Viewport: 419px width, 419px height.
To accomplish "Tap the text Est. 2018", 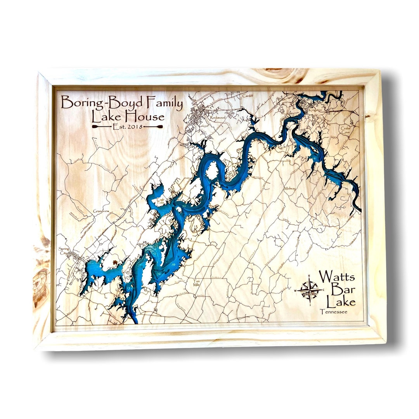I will click(127, 126).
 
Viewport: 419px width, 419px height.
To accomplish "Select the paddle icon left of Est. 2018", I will click(101, 126).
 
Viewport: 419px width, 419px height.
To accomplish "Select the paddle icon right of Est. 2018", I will click(154, 126).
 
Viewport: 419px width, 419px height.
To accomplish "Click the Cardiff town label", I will click(247, 95).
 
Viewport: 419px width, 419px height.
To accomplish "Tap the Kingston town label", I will click(316, 110).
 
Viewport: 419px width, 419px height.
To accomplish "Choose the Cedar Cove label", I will click(345, 130).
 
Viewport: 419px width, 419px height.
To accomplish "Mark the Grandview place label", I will click(100, 211).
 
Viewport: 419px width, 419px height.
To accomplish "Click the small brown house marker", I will click(115, 262).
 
